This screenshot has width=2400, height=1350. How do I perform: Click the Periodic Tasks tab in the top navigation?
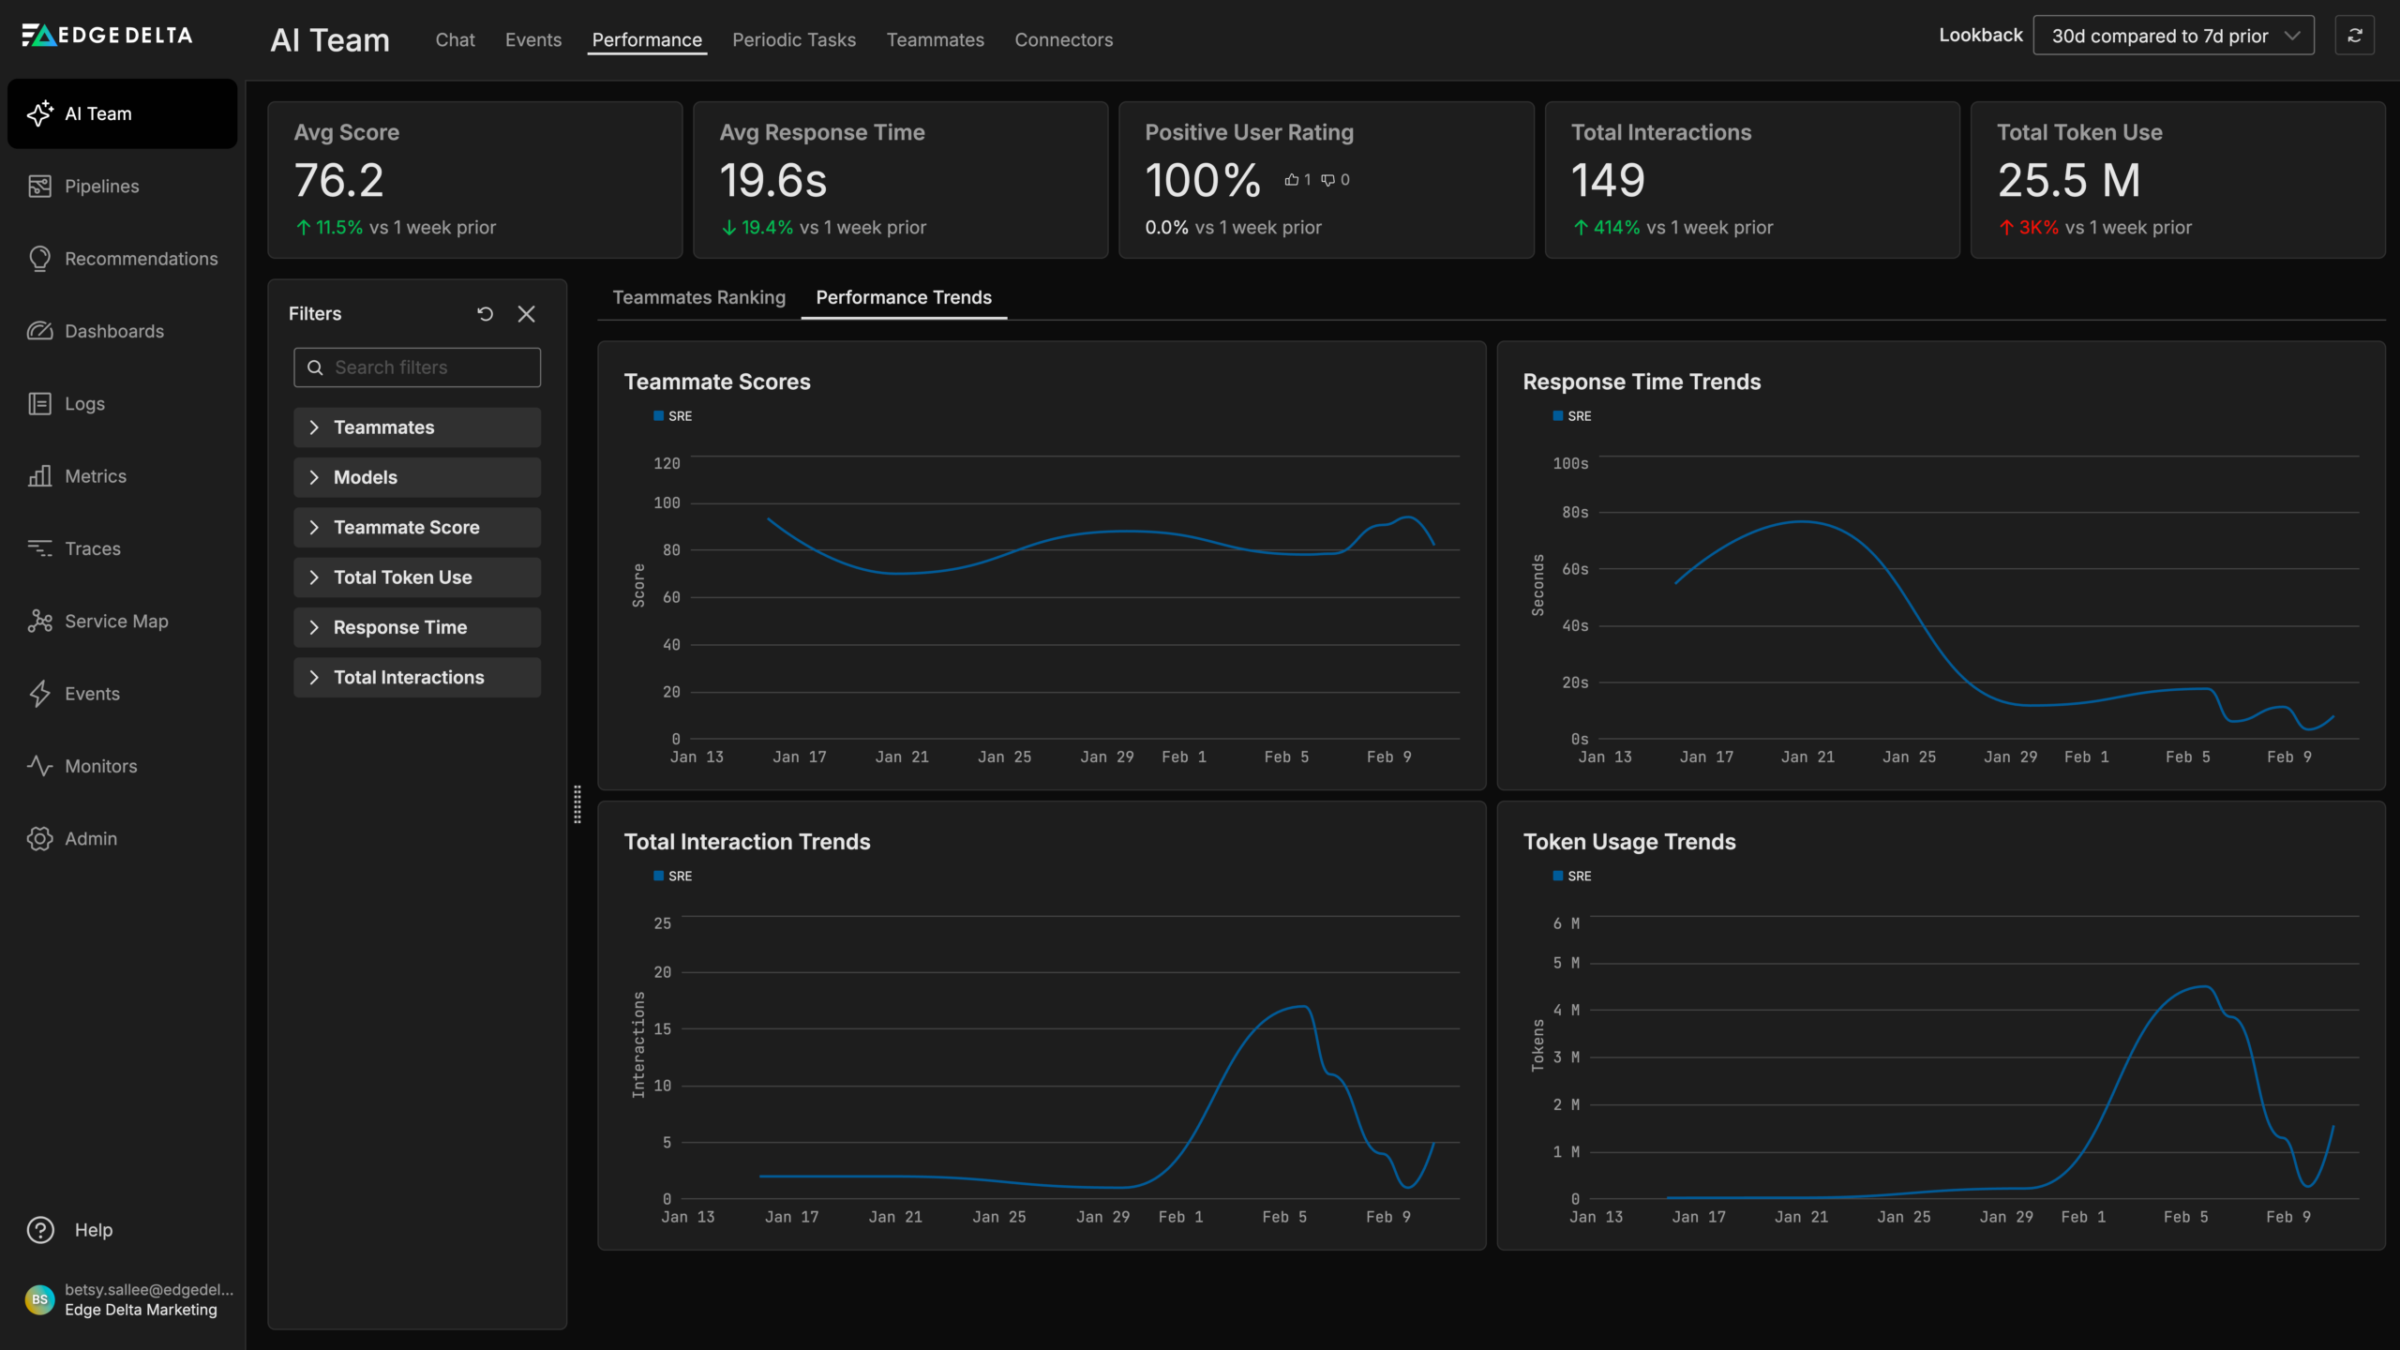click(793, 39)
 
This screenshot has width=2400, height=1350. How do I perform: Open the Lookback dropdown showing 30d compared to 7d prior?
click(2172, 36)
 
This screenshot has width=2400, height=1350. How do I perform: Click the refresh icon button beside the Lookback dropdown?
click(2354, 36)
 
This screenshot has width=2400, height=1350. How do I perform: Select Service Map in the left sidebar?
click(115, 622)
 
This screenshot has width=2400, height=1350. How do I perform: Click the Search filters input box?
click(417, 367)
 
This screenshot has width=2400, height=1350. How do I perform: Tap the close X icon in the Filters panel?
click(527, 314)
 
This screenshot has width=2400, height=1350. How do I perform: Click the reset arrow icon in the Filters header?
click(485, 314)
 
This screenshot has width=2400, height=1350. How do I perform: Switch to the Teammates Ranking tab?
click(698, 297)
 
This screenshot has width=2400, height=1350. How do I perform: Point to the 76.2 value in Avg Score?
click(338, 180)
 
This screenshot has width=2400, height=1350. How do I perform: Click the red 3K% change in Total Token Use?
click(2037, 228)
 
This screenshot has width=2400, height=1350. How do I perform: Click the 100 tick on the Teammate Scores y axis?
click(667, 503)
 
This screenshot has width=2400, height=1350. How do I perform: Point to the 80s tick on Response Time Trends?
click(1575, 513)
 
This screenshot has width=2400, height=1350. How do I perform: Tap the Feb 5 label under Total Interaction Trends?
click(1284, 1217)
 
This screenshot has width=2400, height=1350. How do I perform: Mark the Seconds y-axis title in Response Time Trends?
click(1537, 585)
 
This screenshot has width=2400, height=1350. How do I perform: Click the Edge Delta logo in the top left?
click(107, 36)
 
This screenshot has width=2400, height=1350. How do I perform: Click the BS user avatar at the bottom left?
click(39, 1299)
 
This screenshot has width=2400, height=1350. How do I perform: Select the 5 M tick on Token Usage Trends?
click(1566, 963)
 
